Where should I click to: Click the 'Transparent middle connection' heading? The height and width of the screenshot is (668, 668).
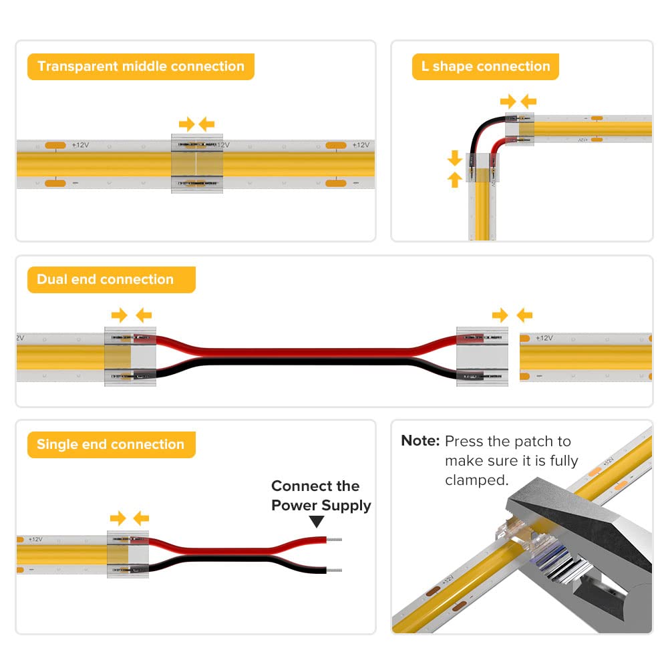140,67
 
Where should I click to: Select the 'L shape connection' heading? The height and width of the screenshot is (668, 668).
485,67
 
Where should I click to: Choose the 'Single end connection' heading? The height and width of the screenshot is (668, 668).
110,445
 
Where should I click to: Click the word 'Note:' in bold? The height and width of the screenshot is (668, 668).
420,441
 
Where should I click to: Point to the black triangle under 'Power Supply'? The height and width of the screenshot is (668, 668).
317,522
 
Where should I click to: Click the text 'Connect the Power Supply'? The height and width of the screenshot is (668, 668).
321,496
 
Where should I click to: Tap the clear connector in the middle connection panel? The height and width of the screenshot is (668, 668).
197,164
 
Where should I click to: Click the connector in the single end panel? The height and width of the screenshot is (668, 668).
128,553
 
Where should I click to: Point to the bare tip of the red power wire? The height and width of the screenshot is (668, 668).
335,539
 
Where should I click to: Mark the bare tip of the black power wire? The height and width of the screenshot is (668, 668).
335,570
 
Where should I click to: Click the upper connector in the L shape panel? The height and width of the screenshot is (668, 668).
519,128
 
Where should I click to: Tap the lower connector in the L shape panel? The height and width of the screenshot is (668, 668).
481,169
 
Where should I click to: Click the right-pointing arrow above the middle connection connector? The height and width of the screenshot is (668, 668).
186,124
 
